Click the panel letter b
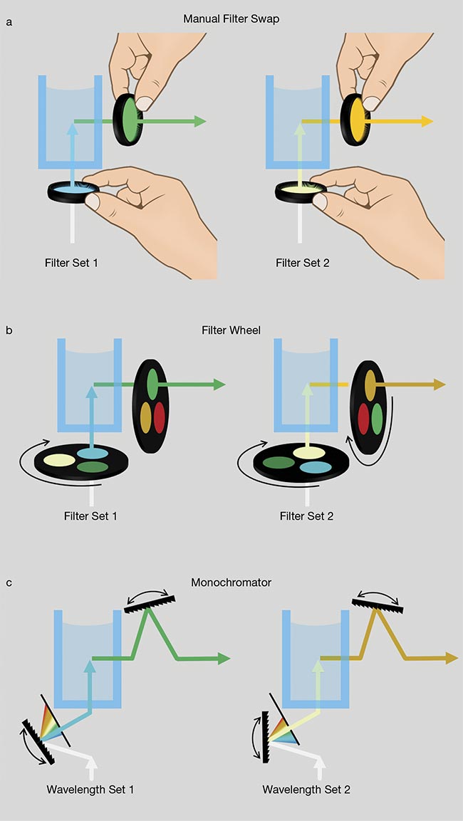coord(9,330)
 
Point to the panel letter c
coord(9,582)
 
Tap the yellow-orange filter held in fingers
coord(357,117)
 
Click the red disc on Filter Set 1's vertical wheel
coord(159,414)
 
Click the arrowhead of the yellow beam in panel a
coord(427,121)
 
